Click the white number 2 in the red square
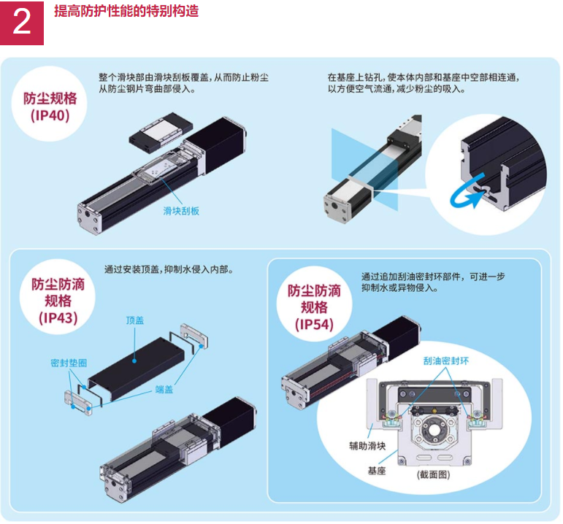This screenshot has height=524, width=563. click(x=22, y=22)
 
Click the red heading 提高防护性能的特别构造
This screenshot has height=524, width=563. click(x=126, y=11)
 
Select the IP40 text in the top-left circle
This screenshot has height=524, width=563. click(x=50, y=115)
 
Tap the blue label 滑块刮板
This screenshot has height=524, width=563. click(x=181, y=211)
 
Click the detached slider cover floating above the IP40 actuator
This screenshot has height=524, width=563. click(x=161, y=131)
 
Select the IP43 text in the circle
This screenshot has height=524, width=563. click(x=58, y=317)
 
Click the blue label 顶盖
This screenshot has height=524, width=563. click(x=135, y=320)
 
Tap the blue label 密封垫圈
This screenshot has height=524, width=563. click(x=69, y=363)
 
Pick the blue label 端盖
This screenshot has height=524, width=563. click(x=164, y=390)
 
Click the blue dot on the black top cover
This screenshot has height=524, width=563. click(x=134, y=361)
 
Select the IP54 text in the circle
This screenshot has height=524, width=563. click(x=314, y=325)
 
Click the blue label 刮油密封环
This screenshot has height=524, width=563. click(x=446, y=361)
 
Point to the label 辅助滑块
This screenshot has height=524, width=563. click(x=367, y=446)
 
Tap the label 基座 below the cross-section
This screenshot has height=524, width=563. click(x=377, y=471)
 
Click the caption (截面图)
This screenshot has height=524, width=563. click(x=433, y=475)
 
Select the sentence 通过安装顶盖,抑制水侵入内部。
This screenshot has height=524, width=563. click(x=169, y=269)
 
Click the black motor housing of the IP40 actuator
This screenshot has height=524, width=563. click(x=215, y=145)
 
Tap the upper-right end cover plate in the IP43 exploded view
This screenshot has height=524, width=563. click(x=194, y=336)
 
